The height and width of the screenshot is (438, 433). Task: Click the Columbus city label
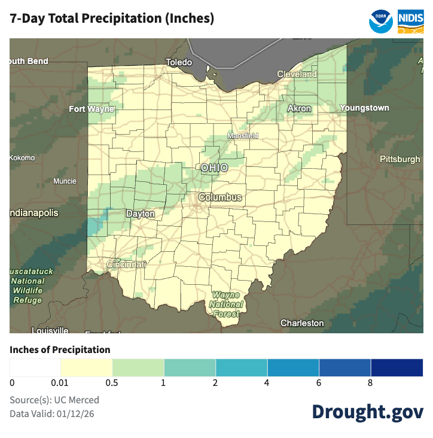click(220, 197)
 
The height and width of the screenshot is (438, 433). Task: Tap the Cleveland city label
click(297, 74)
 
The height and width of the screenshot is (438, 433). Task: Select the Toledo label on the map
click(179, 62)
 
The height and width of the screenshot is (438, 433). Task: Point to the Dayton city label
click(141, 214)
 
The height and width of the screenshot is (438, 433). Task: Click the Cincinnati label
click(126, 264)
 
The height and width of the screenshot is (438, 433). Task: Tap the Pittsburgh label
click(400, 159)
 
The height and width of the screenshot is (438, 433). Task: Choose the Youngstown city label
click(364, 108)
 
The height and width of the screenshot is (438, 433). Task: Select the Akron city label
click(299, 108)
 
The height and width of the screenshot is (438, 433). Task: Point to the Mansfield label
click(242, 136)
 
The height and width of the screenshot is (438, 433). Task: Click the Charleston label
click(302, 323)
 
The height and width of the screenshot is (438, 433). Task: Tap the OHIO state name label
click(214, 168)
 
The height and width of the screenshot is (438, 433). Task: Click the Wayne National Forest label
click(227, 304)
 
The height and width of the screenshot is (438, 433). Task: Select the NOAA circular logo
click(381, 20)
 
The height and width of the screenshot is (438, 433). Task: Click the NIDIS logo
click(411, 20)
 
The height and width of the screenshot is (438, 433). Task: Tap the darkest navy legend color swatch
click(397, 367)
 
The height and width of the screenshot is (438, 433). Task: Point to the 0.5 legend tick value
click(112, 383)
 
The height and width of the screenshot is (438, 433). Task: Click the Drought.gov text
click(367, 412)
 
